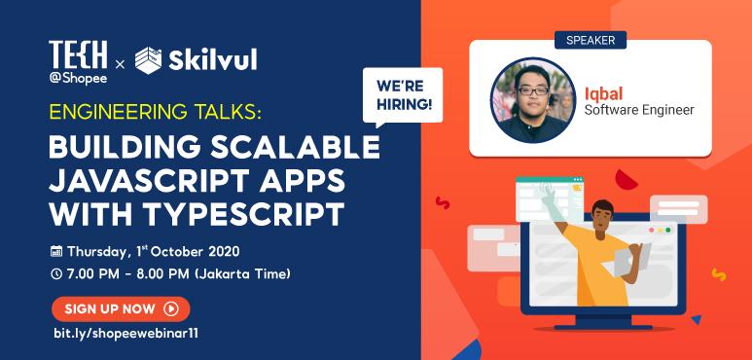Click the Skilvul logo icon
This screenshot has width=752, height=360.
[155, 61]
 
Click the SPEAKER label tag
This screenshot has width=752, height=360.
[591, 40]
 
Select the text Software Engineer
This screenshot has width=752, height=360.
[638, 110]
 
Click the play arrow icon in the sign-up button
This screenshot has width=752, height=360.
[171, 308]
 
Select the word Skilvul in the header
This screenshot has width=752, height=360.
[219, 61]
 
